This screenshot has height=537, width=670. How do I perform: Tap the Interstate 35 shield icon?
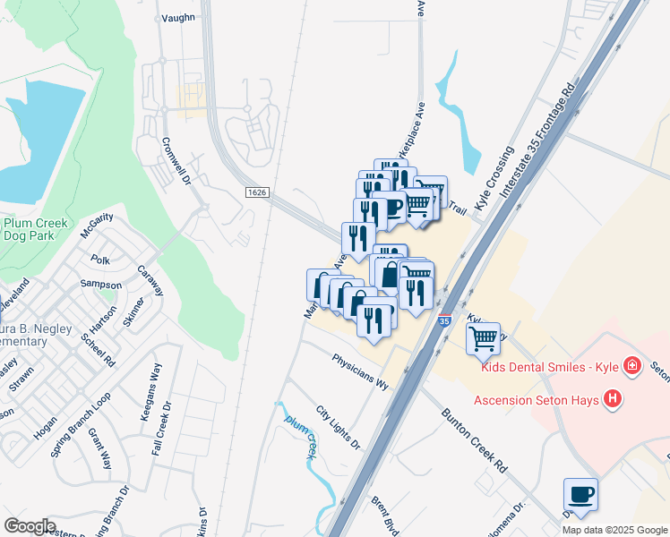445,320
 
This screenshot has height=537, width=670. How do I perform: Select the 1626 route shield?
257,192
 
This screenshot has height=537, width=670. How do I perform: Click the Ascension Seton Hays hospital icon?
613,399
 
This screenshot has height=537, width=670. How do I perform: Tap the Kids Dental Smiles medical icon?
632,366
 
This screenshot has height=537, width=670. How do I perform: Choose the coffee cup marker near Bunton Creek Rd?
580,494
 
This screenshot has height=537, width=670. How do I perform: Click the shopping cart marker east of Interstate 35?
483,338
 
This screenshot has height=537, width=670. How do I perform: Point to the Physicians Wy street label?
360,371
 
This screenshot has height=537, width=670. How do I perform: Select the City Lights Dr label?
338,428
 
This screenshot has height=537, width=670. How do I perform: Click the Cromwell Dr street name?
176,161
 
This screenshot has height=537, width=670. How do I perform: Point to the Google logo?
30,526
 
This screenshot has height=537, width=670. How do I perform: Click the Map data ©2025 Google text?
614,530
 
